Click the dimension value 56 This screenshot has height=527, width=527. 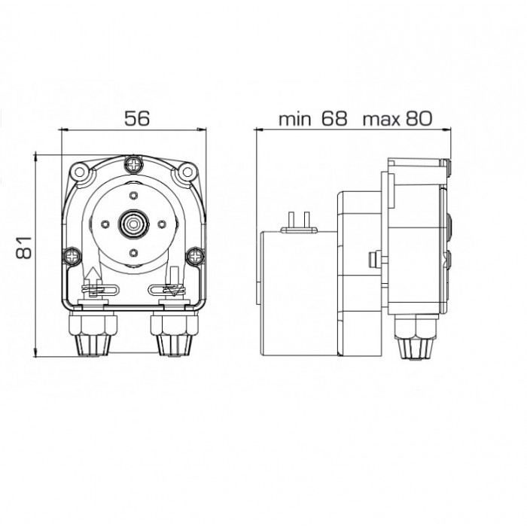137,118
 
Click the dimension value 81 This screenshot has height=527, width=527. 24,248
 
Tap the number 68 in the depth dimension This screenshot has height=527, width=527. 334,118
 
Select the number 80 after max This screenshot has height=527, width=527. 419,118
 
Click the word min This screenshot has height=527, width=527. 295,119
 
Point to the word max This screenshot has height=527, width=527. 382,120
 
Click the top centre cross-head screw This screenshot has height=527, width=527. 134,164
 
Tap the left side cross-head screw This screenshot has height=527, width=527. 72,257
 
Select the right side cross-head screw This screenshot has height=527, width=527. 195,257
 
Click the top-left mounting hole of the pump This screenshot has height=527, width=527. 80,172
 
